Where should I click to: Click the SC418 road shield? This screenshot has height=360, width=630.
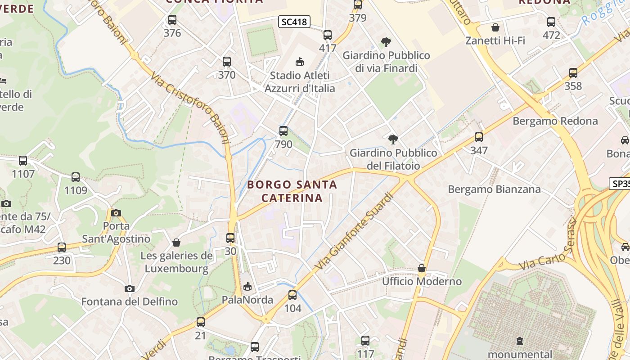[294, 21]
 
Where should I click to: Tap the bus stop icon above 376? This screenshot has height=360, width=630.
[172, 20]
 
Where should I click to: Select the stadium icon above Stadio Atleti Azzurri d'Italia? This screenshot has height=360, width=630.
[299, 62]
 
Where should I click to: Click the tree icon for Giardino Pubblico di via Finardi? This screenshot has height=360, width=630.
[386, 42]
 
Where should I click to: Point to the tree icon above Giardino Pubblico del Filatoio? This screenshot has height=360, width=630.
[393, 139]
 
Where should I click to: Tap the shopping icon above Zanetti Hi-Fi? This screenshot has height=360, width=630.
[495, 28]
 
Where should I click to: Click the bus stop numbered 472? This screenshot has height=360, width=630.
[551, 22]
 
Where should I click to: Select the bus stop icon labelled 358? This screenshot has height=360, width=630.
[573, 73]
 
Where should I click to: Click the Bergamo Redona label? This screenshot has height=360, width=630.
[555, 121]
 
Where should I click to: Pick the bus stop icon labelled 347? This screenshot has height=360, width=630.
[478, 137]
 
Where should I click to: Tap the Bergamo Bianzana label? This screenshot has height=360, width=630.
[494, 189]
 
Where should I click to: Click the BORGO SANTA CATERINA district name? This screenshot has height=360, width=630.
[292, 191]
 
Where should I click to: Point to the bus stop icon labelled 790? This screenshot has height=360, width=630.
[283, 131]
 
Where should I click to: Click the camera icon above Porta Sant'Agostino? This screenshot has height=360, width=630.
[116, 213]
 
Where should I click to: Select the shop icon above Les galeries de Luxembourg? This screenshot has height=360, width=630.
[176, 243]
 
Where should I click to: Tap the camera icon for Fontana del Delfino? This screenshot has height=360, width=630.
[130, 288]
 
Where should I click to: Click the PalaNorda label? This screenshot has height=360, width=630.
[247, 300]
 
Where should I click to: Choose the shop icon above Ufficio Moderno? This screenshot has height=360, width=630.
[422, 269]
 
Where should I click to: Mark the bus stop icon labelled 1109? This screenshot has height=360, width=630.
[75, 177]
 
